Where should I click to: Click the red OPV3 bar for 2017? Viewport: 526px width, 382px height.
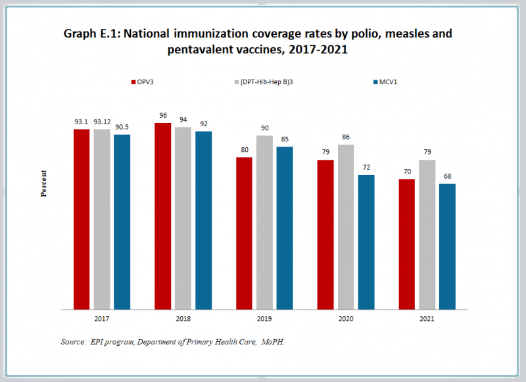[82, 219]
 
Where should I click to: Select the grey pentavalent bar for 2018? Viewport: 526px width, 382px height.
[183, 218]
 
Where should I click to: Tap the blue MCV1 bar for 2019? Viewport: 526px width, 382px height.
[285, 227]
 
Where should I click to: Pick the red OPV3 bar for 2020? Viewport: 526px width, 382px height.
[325, 234]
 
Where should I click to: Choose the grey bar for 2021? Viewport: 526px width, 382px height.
[427, 234]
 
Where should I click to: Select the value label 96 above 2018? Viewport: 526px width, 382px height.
[163, 116]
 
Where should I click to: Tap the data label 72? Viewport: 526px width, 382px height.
[366, 168]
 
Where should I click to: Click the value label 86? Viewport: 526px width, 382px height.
[346, 137]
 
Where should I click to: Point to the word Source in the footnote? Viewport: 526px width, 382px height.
[74, 341]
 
